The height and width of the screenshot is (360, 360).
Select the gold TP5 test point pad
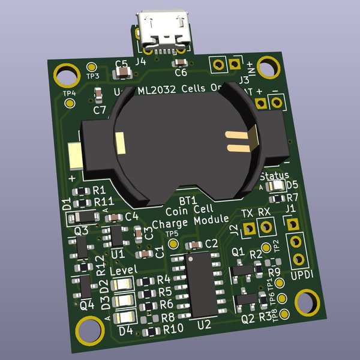[173, 244]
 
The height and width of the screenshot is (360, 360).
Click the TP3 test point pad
[92, 67]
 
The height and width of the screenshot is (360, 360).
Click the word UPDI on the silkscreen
[301, 274]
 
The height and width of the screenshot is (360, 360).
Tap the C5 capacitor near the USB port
[122, 73]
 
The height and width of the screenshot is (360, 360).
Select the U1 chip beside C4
[116, 236]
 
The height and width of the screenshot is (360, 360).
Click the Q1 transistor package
[241, 271]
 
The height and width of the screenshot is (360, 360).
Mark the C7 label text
[100, 110]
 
